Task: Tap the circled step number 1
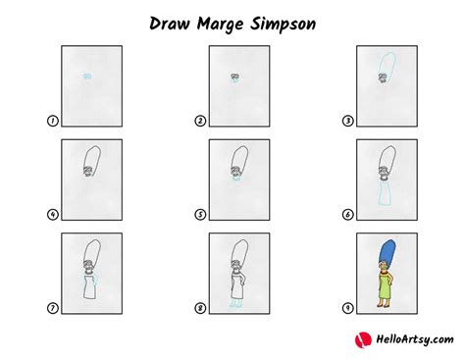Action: coord(51,122)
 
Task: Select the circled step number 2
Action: coord(200,122)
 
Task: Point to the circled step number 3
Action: coord(346,122)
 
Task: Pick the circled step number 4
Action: coord(51,214)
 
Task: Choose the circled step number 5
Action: coord(200,214)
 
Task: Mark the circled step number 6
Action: coord(346,214)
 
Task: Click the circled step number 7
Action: coord(51,307)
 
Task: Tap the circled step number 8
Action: coord(200,307)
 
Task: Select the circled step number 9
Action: coord(346,307)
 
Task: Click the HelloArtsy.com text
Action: coord(406,339)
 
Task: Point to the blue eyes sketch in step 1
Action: coord(87,76)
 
